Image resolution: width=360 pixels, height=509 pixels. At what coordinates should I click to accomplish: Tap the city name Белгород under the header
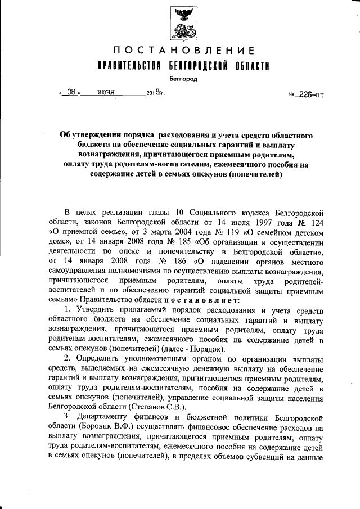[x=183, y=79]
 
